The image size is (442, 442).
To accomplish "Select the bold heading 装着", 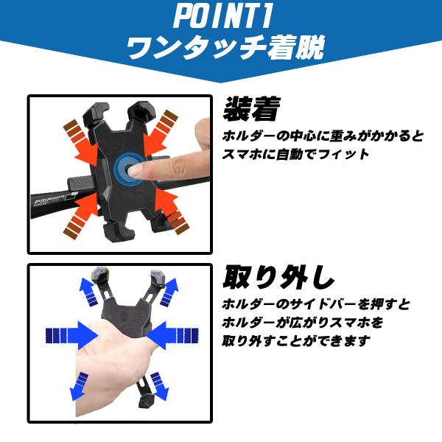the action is coord(252,109).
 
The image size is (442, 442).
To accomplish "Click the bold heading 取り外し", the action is coord(278,278).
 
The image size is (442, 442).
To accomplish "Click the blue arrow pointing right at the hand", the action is coord(71,335).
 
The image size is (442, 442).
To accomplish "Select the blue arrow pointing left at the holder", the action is coord(172,335).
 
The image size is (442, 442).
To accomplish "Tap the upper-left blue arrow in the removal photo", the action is coord(88,292).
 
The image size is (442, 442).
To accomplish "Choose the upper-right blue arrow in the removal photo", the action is coord(169,292).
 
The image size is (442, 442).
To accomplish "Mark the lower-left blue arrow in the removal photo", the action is coord(79,386).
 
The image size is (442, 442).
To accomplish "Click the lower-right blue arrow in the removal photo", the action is coord(160,386).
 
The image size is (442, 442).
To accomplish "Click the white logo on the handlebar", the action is coord(55,200).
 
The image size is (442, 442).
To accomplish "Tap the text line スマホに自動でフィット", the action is coord(295,155).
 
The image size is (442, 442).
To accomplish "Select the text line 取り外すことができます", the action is coord(296,341).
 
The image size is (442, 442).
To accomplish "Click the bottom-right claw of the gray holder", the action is coord(147,400).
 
